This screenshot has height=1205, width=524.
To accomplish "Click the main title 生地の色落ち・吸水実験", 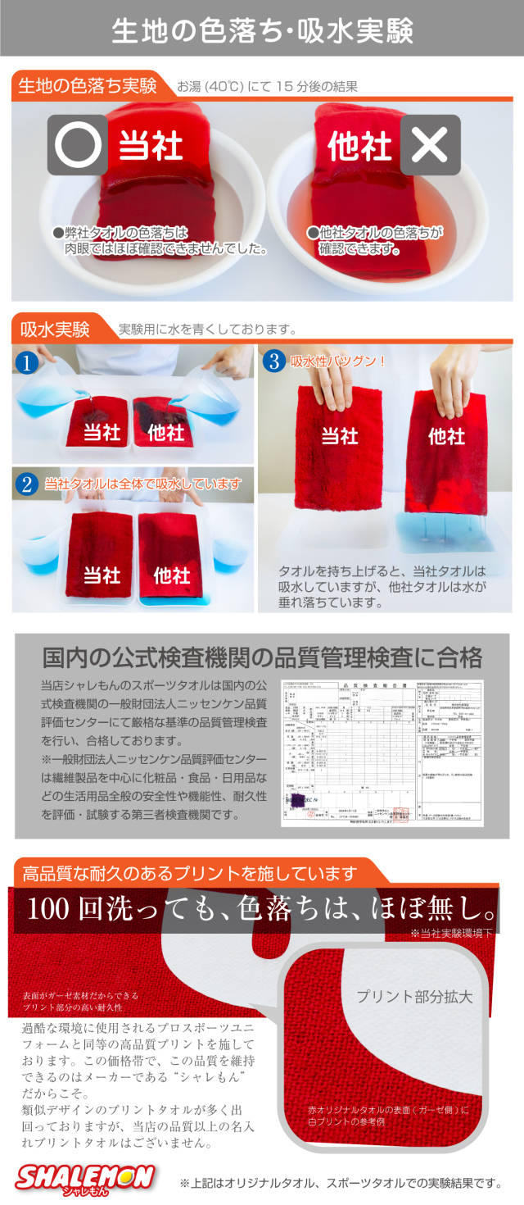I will coord(262,30).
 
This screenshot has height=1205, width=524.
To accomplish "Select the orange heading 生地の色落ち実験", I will coord(88,85).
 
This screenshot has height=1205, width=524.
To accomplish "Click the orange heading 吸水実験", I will coord(55,330).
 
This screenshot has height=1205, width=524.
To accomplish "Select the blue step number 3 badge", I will coord(273,361).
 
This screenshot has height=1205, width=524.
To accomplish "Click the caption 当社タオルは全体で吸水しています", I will coord(143,484).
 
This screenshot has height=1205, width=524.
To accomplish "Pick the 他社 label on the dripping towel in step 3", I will coord(446,436).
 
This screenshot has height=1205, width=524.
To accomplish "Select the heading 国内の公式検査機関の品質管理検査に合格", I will coord(262,657).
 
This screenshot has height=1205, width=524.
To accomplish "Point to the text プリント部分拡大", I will coord(414,997).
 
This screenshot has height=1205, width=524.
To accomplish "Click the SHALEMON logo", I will coord(85,1179).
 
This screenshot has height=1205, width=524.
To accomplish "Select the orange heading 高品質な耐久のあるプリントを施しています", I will coord(190,871).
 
